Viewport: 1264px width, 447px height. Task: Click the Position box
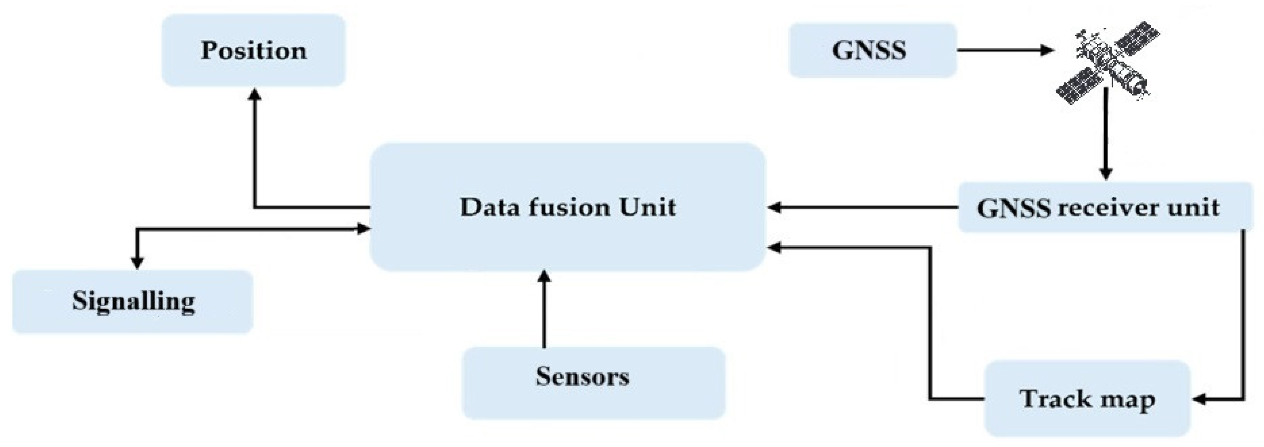pyautogui.click(x=253, y=51)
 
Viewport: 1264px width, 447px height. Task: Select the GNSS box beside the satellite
pyautogui.click(x=872, y=51)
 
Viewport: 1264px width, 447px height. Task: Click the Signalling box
pyautogui.click(x=132, y=301)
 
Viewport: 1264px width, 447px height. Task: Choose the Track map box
pyautogui.click(x=1087, y=398)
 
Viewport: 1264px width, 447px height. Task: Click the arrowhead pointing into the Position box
pyautogui.click(x=255, y=94)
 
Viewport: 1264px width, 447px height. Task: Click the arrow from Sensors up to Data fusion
pyautogui.click(x=544, y=309)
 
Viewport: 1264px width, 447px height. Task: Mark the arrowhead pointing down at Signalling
pyautogui.click(x=137, y=263)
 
